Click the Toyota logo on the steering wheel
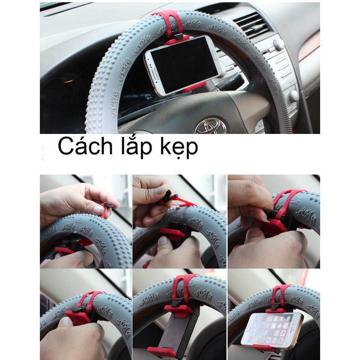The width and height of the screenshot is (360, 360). tap(211, 126)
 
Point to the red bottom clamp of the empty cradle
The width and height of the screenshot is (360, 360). tap(161, 352)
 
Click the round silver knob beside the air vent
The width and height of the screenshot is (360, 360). tap(279, 44)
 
